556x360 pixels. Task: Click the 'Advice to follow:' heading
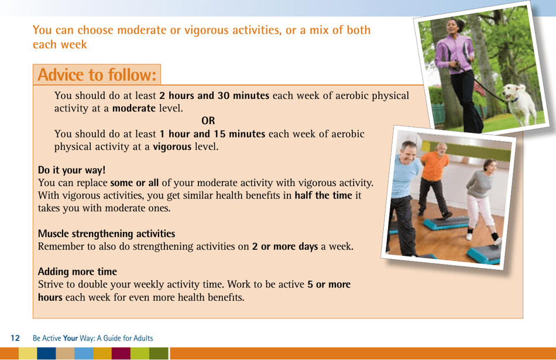(97, 75)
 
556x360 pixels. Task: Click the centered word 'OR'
(208, 121)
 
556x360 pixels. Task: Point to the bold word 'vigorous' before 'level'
(172, 147)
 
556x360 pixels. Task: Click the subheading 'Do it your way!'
(72, 170)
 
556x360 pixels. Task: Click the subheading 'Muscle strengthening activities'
(107, 234)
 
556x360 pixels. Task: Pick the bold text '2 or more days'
(285, 246)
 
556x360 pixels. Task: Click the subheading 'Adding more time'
(77, 272)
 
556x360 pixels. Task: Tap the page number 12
(15, 338)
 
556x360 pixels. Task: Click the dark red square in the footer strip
(121, 354)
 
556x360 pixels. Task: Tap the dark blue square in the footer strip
(46, 354)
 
